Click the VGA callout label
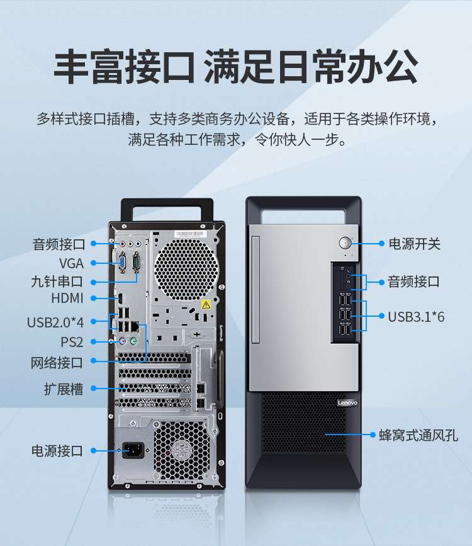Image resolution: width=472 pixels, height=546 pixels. tap(71, 263)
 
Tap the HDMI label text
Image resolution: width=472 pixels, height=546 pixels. tap(67, 299)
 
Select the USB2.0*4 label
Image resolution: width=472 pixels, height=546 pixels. tap(55, 322)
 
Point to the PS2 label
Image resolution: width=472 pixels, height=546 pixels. tap(72, 342)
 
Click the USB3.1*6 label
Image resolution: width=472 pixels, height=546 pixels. tap(417, 317)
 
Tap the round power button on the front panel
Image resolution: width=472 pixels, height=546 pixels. tap(345, 242)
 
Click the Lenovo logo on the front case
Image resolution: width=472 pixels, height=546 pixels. tap(347, 403)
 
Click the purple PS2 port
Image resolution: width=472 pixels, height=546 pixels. tap(122, 341)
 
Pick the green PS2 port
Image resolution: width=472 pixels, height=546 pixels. tap(133, 341)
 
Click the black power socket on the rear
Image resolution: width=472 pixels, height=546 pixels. tap(133, 450)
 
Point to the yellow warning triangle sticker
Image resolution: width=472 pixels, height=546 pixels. tap(206, 305)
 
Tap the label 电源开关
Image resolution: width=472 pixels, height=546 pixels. tap(415, 244)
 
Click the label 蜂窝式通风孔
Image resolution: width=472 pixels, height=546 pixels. tap(419, 435)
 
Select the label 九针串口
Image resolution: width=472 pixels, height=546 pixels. tap(57, 282)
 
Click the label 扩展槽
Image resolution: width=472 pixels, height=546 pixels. tap(64, 389)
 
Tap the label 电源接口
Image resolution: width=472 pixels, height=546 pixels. tap(57, 450)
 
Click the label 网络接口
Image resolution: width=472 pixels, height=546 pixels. tap(57, 363)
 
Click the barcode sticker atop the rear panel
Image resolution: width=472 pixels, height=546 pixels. tap(189, 234)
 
